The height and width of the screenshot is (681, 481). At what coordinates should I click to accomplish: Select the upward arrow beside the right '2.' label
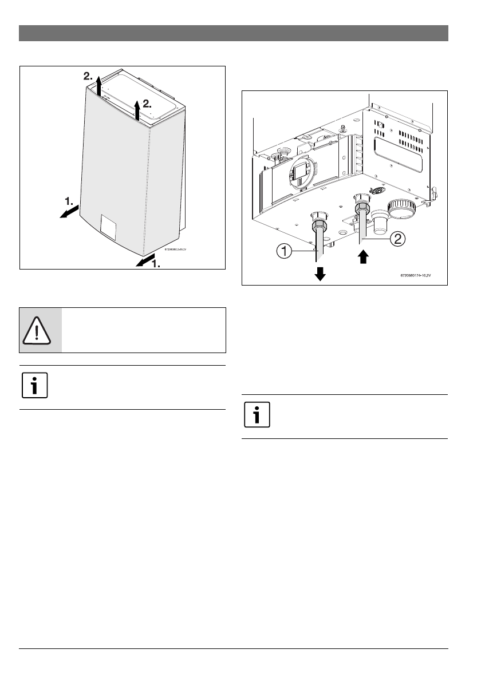coord(137,108)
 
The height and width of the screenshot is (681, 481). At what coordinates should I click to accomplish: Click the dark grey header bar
coord(234,33)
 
